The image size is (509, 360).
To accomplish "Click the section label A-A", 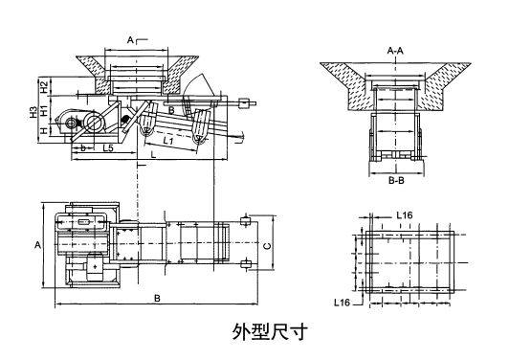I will (394, 49).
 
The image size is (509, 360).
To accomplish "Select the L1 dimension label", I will (168, 141).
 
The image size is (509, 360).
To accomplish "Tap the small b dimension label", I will (83, 149).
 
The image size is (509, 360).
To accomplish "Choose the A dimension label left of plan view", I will (37, 246).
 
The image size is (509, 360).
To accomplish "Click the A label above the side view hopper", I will (130, 40).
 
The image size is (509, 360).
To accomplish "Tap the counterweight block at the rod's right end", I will (246, 101).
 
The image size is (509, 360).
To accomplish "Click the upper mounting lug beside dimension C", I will (246, 222).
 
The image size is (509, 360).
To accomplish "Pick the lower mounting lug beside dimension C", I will (246, 264).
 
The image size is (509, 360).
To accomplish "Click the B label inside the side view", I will (171, 111).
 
